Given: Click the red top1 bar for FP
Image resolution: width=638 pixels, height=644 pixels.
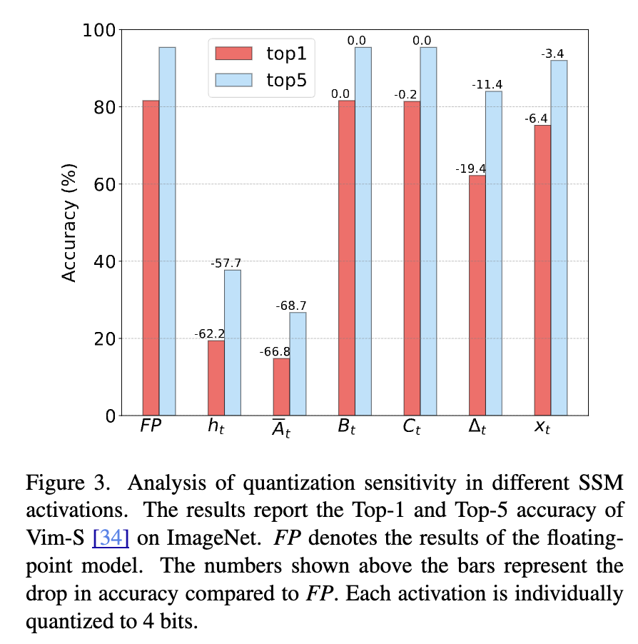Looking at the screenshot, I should [x=151, y=257].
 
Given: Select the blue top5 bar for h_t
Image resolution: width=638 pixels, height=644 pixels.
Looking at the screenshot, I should [x=233, y=343].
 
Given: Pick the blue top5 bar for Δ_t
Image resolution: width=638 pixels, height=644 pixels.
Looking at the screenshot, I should [x=494, y=253].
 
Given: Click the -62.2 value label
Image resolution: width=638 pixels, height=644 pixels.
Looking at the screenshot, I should [x=209, y=333].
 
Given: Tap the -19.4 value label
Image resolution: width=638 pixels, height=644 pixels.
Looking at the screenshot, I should [x=470, y=168].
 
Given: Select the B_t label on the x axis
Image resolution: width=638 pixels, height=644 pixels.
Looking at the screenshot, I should [x=347, y=428].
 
